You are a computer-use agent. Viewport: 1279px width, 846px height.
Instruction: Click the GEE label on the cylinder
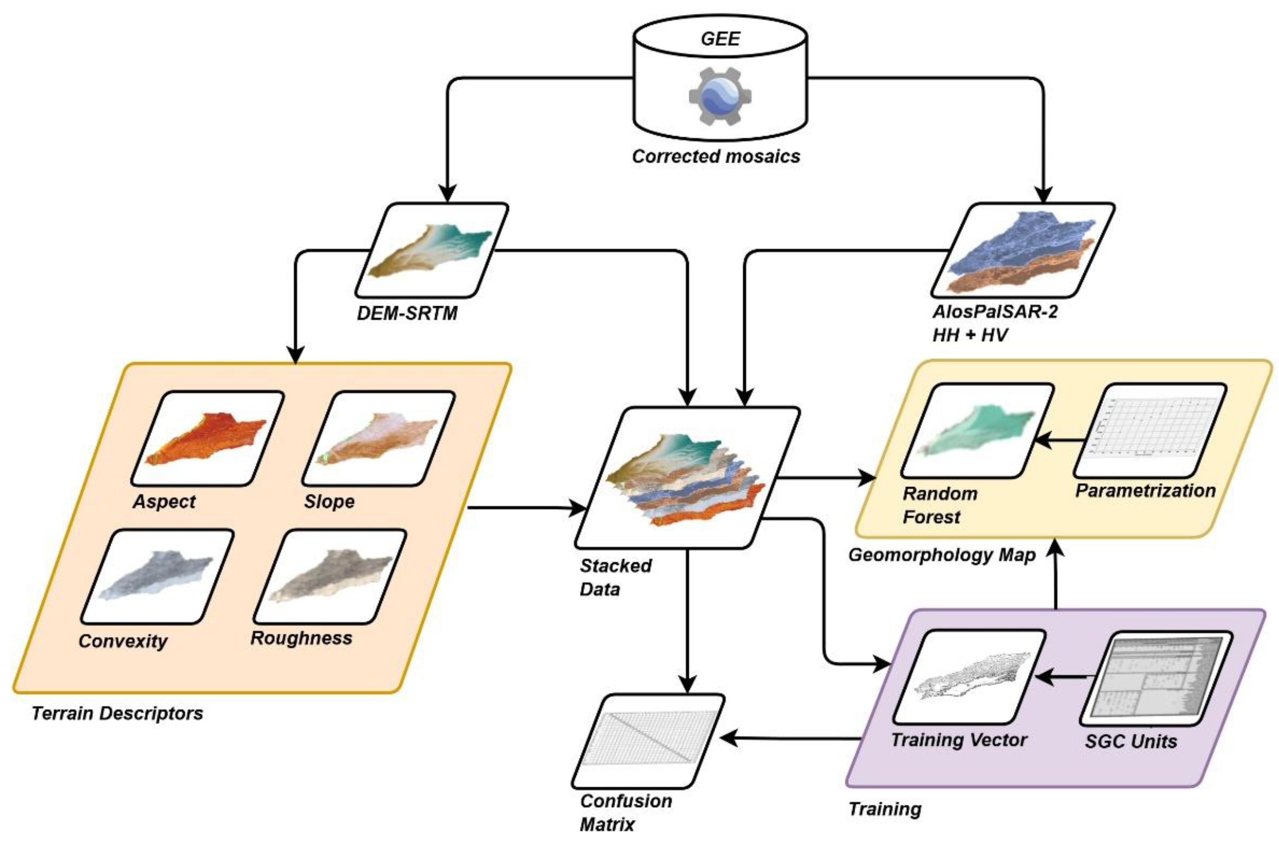coord(720,39)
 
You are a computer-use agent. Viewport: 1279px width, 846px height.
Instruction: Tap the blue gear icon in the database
coord(720,97)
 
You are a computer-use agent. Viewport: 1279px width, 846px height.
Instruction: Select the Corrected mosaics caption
coord(715,156)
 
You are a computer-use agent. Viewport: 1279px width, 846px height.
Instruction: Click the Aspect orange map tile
coord(208,438)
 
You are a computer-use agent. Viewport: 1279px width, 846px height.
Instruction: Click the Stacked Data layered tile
coord(686,478)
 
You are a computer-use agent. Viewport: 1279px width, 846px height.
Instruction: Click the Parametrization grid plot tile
coord(1150,431)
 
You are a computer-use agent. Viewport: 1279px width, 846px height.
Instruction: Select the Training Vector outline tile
coord(969,677)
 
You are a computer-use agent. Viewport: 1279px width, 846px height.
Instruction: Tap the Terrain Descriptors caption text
coord(117,713)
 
